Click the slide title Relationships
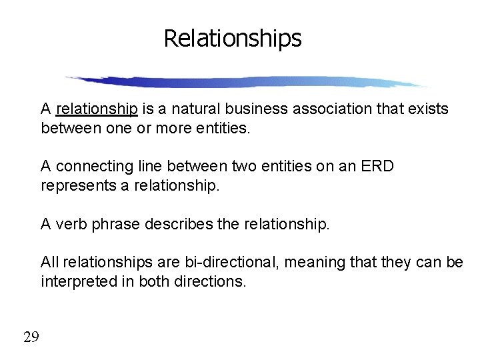[x=233, y=38]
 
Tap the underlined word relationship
[x=97, y=109]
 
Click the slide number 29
[x=31, y=337]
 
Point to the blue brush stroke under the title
[x=247, y=82]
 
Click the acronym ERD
[x=377, y=166]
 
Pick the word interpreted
[x=77, y=281]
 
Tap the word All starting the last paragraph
[x=50, y=263]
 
